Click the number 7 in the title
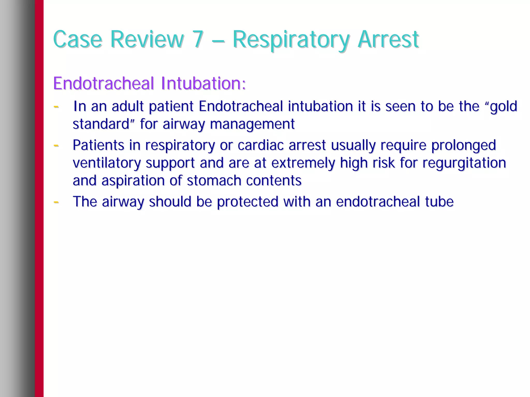pos(198,40)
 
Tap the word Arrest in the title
pos(388,40)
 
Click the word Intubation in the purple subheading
pos(203,83)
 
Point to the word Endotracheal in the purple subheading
pos(104,83)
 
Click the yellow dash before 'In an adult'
pos(56,106)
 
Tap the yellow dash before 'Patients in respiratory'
pos(56,145)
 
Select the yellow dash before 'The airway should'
pos(56,201)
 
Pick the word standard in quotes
pos(101,124)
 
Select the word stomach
pos(214,181)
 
